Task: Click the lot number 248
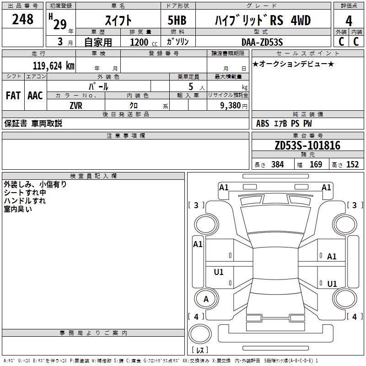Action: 23,19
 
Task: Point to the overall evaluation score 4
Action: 349,21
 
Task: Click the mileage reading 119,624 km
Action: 54,66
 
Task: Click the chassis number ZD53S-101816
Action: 307,146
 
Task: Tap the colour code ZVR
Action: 75,106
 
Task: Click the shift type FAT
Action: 13,96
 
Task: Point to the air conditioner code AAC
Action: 35,96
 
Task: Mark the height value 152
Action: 352,165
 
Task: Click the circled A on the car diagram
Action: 206,299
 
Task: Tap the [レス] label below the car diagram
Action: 201,350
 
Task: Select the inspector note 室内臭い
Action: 18,209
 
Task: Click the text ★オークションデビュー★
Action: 293,64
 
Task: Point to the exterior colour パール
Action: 98,86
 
